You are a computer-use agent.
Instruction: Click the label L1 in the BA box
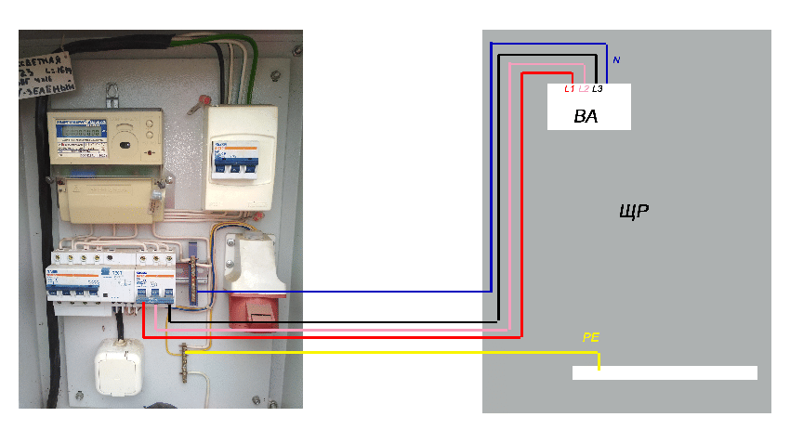(x=570, y=89)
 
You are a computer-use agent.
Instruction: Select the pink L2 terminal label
(x=584, y=89)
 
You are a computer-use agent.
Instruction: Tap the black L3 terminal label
(x=597, y=89)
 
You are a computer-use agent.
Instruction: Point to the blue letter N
(x=616, y=60)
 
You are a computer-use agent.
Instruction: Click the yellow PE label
(x=590, y=338)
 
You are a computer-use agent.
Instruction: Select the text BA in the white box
(x=586, y=118)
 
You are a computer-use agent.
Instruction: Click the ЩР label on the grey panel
(x=633, y=212)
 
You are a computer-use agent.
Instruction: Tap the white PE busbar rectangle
(x=665, y=373)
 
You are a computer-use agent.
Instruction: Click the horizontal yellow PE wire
(x=390, y=353)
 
